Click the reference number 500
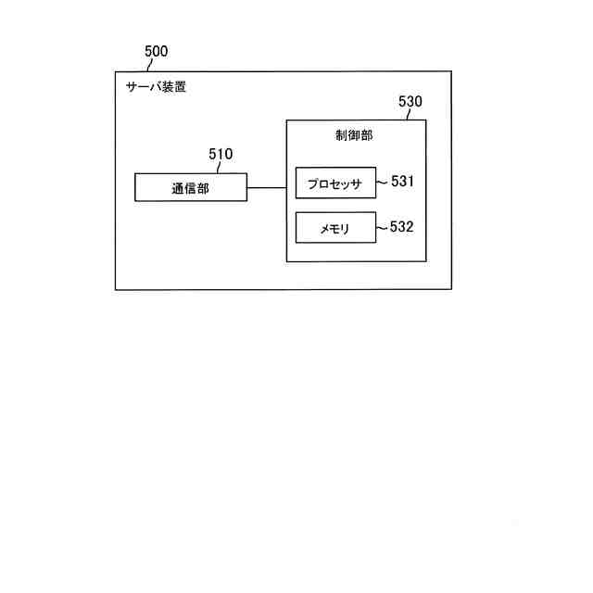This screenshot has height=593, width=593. click(x=157, y=52)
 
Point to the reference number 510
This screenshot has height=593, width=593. click(x=221, y=155)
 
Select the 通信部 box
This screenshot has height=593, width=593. click(x=191, y=187)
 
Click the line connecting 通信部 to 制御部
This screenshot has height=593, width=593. click(x=266, y=187)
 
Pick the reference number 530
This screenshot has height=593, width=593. click(x=410, y=102)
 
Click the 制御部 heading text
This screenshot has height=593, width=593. click(x=354, y=135)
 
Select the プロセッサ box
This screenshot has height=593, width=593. click(x=335, y=183)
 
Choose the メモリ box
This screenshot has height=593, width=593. click(x=335, y=228)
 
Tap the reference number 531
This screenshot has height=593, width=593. click(x=402, y=182)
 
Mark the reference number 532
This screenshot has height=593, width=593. click(x=402, y=227)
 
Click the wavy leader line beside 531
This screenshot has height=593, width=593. click(x=383, y=183)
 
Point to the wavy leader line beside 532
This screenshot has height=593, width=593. click(x=383, y=228)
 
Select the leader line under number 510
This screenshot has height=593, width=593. click(x=219, y=168)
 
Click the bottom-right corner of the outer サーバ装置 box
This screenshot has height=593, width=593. click(x=452, y=289)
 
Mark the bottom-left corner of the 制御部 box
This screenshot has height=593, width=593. click(x=286, y=261)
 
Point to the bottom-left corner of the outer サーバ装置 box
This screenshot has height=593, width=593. click(x=115, y=289)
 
